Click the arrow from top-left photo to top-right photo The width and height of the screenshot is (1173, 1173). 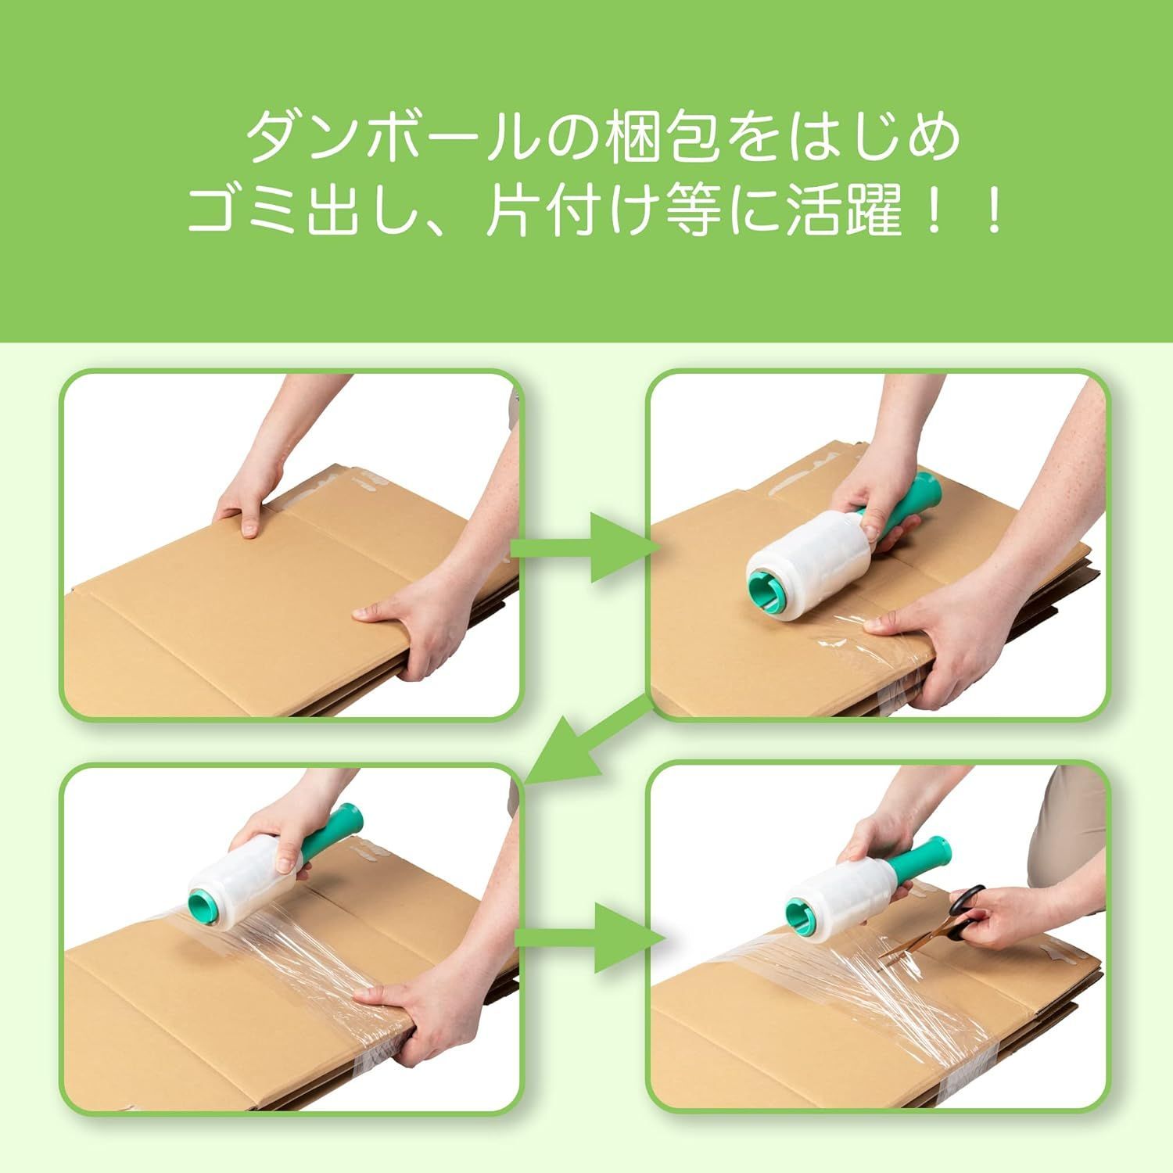coord(586,547)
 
